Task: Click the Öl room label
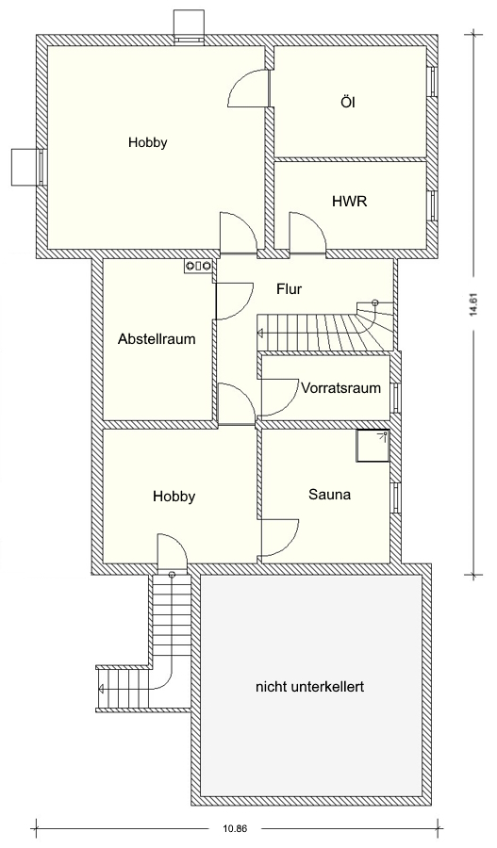coord(349,102)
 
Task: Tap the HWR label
coord(349,202)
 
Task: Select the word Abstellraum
coord(157,339)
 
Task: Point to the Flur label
coord(290,289)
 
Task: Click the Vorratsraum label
coord(341,388)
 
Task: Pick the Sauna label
coord(329,494)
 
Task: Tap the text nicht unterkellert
coord(309,687)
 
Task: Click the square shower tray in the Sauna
coord(373,446)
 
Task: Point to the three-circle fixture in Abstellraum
coord(199,265)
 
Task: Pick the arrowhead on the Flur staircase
coord(260,334)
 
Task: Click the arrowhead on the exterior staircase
coord(101,689)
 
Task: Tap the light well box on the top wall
coord(188,24)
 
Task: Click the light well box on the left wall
coord(26,167)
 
